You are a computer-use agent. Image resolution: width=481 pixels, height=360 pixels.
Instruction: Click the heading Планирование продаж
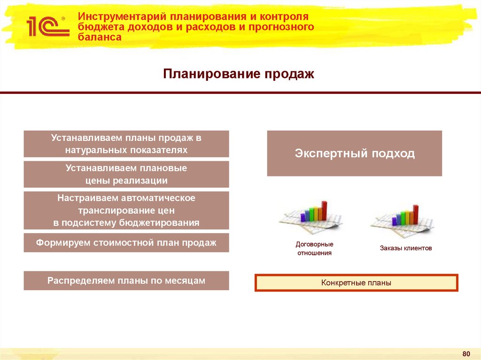point(238,74)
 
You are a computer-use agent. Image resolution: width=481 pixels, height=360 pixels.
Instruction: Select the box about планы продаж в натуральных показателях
point(126,144)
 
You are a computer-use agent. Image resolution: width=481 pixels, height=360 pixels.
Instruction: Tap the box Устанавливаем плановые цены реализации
point(126,174)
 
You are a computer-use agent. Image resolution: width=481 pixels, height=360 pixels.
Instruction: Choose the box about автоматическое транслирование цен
point(126,210)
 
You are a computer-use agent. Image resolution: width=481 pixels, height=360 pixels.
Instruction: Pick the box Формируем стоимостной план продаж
point(126,243)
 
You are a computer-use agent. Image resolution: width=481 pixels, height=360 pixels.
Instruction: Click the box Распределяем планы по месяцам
point(126,281)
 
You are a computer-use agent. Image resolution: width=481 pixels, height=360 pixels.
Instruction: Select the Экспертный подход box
point(355,153)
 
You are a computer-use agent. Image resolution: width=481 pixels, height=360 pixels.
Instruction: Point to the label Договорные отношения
point(314,249)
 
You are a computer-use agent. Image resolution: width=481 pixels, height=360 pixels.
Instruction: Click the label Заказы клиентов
point(406,248)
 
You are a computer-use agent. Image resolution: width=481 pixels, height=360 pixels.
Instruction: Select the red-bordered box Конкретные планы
point(356,283)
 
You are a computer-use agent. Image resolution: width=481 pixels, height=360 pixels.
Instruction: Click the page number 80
point(466,353)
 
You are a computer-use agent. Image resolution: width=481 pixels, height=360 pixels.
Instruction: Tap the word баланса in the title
point(100,37)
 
